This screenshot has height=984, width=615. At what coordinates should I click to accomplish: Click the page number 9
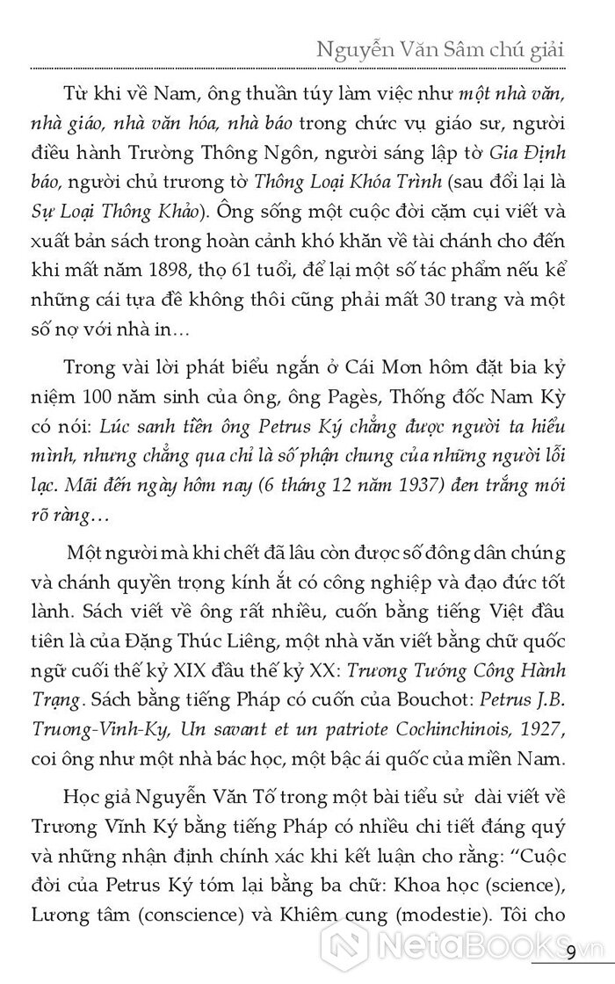pos(571,951)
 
